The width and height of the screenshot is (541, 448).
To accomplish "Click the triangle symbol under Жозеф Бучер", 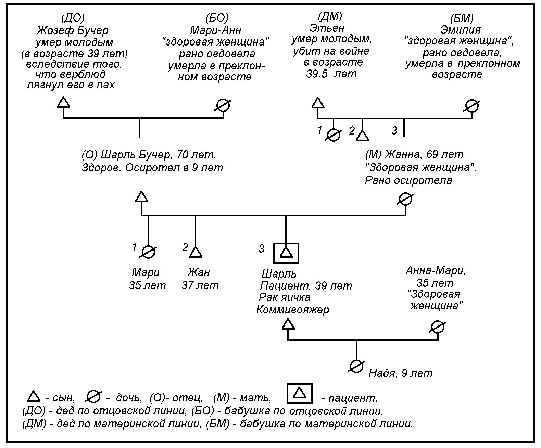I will click(63, 102).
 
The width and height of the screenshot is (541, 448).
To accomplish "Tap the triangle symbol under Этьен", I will click(318, 103).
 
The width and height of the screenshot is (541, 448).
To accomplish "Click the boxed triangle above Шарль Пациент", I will click(286, 253).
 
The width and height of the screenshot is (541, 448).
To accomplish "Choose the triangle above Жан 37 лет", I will click(196, 252).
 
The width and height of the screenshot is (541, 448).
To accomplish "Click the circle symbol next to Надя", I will click(356, 366).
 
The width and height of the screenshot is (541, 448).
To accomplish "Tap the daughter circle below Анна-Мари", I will click(438, 327).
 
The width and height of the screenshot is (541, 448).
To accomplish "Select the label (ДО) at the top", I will click(72, 18).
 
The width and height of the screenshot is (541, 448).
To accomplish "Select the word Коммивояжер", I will click(293, 310).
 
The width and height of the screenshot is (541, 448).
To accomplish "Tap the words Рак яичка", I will click(285, 297).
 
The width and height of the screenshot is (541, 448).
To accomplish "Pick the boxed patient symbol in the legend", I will click(300, 394).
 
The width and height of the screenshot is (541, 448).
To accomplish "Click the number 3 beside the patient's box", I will click(262, 249).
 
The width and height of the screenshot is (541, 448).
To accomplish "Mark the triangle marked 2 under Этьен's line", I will click(363, 136).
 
